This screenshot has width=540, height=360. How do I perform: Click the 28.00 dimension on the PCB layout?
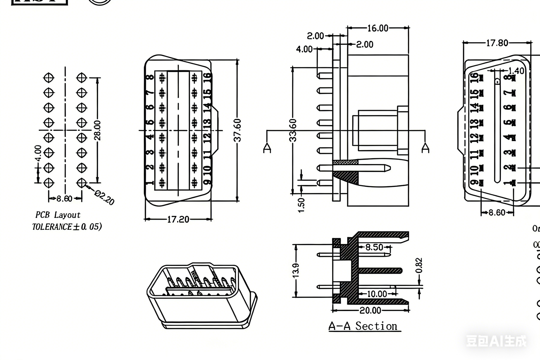[97, 130]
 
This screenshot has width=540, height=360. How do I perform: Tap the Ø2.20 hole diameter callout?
[104, 197]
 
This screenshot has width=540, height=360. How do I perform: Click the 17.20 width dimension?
[178, 220]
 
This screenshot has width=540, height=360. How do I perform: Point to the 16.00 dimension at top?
[378, 28]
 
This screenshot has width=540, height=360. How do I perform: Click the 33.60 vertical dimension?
[293, 130]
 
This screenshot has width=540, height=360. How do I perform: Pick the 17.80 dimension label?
[497, 43]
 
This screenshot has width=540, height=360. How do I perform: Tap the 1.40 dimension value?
[516, 71]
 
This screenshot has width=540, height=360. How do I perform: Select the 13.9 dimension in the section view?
[296, 270]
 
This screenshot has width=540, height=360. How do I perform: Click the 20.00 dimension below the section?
[370, 310]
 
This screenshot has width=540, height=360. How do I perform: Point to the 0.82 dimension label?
[419, 266]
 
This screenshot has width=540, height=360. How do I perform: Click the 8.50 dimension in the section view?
[374, 247]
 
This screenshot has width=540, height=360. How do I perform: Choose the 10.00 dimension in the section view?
[377, 294]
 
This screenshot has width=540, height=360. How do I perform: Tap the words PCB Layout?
[58, 215]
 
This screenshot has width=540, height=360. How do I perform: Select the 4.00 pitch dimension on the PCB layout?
[38, 154]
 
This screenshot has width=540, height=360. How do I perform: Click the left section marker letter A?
[267, 148]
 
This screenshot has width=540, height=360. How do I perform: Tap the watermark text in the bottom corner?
[496, 341]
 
